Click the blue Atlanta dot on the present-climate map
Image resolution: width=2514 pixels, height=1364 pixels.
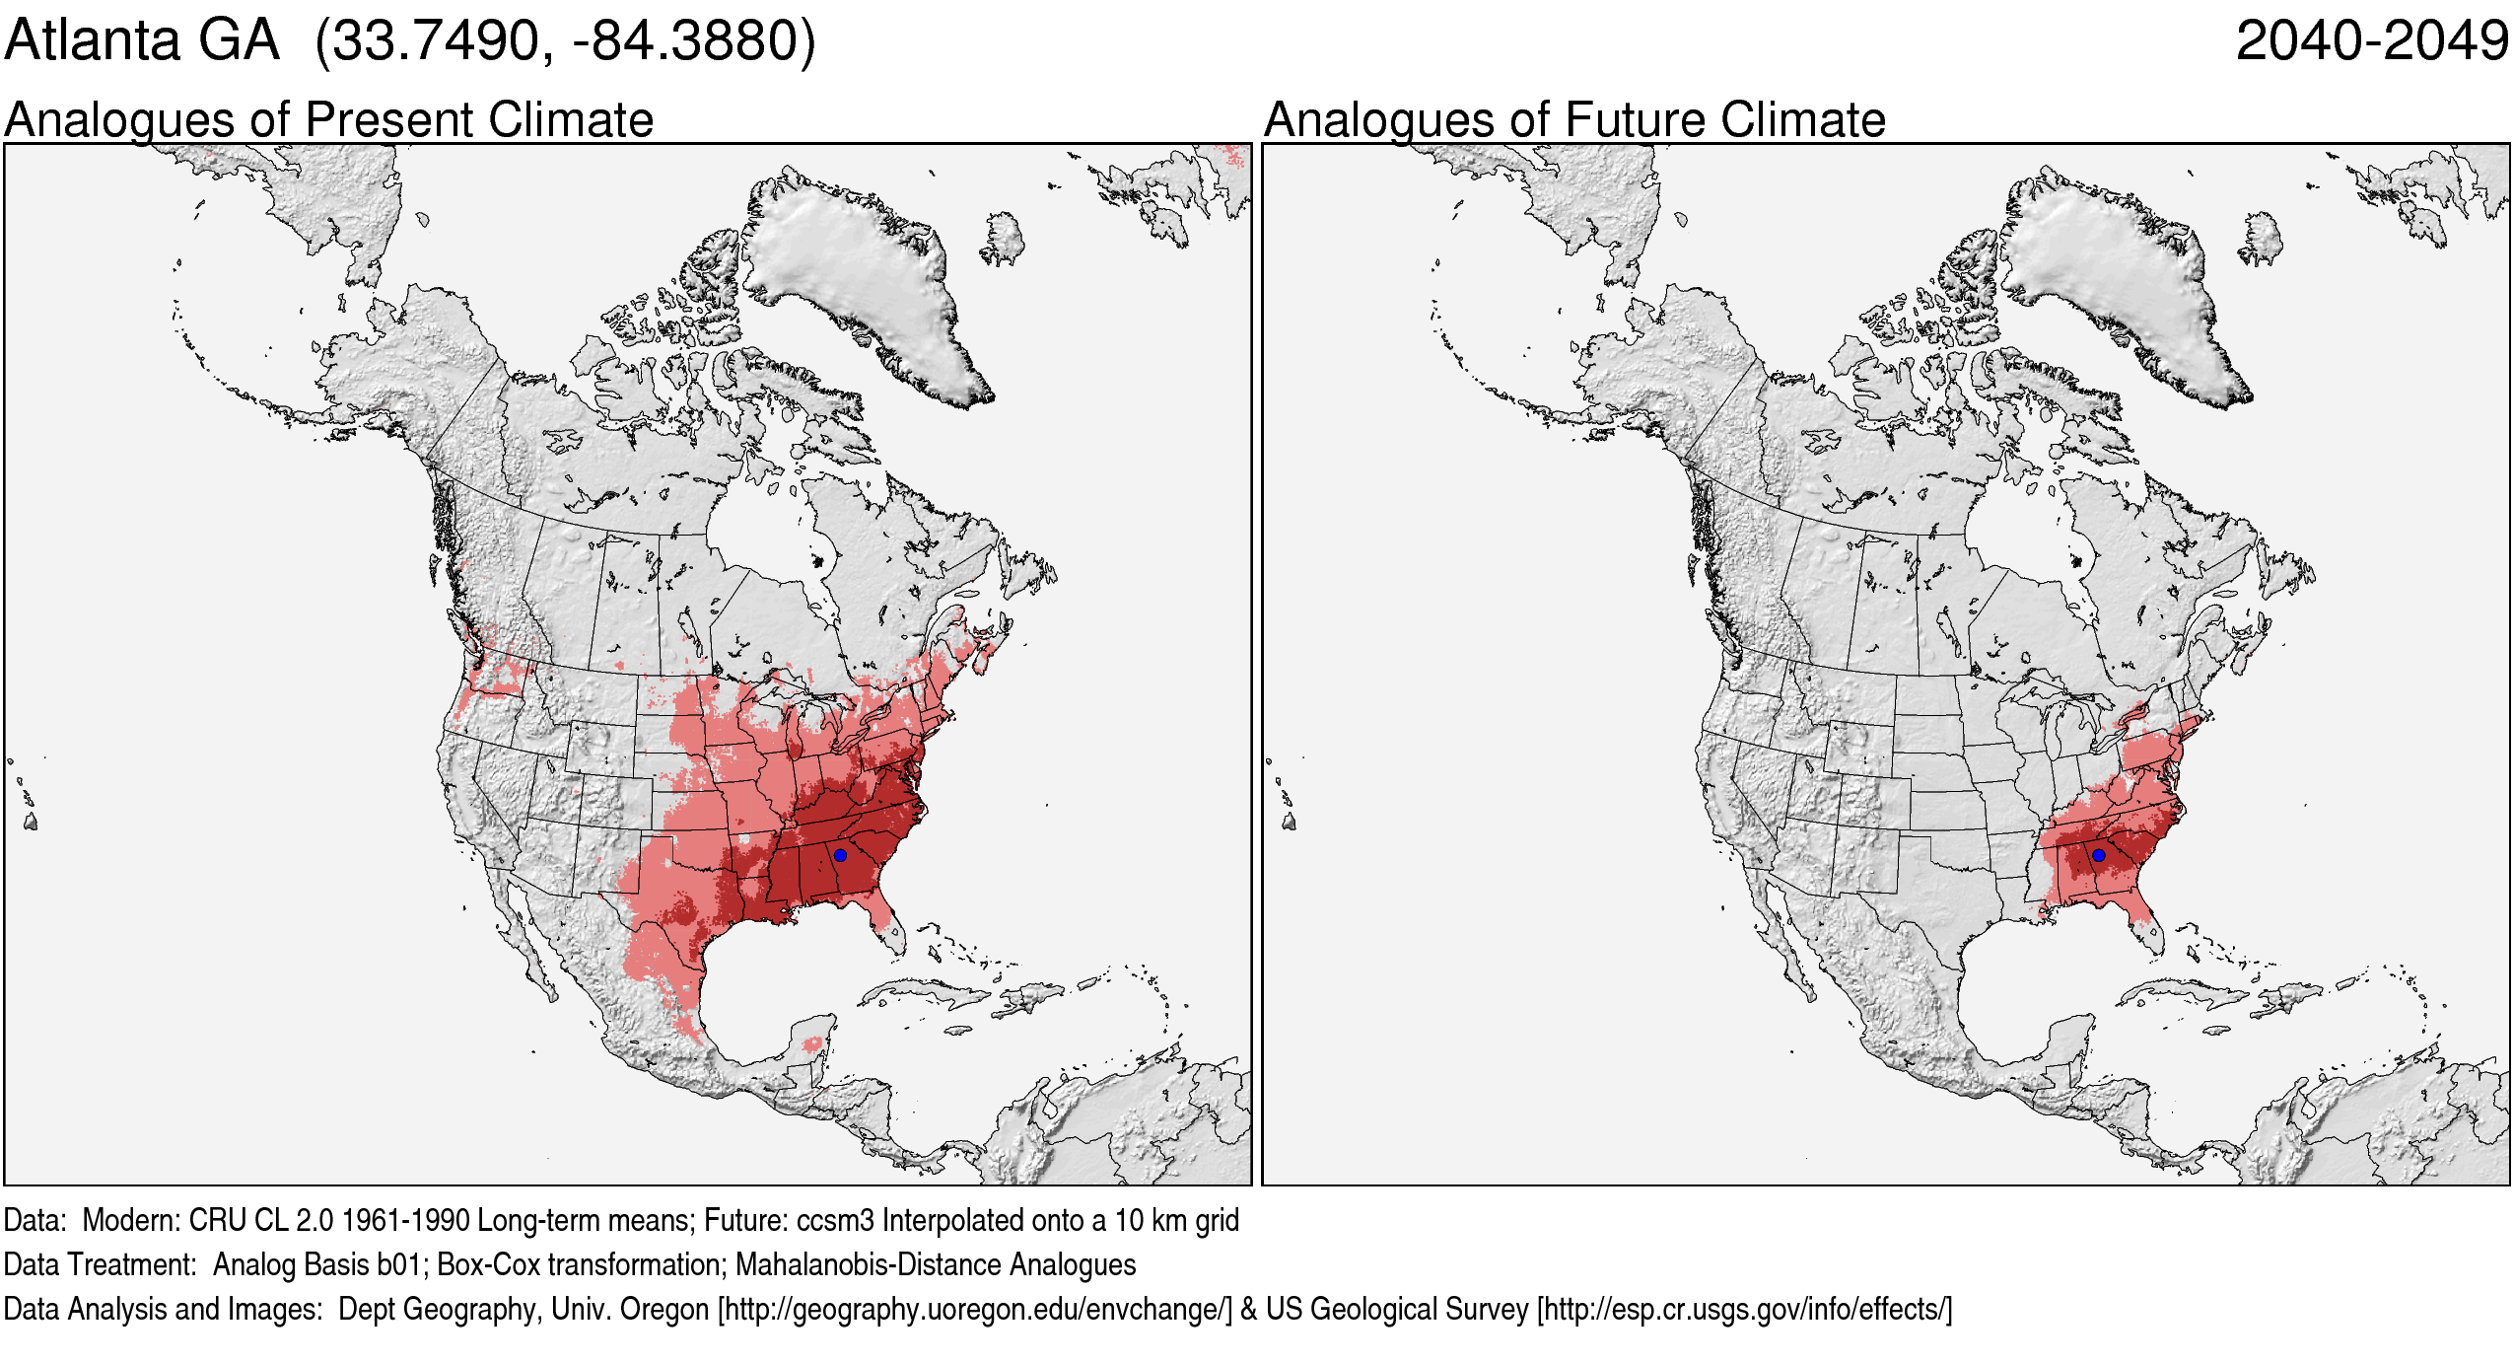click(840, 855)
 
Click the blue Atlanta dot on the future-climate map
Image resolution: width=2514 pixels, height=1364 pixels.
click(2099, 855)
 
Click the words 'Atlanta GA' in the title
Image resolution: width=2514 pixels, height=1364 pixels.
click(142, 41)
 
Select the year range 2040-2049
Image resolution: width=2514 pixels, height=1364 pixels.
click(2372, 41)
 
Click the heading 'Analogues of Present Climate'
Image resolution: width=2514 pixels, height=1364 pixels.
click(328, 119)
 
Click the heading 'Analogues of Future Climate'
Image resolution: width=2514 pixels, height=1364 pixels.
click(1574, 119)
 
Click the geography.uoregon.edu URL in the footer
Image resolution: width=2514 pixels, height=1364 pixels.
click(975, 1309)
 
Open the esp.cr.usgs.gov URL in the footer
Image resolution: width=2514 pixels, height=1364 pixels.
click(1744, 1309)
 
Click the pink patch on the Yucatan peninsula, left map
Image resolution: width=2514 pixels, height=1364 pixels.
click(812, 1043)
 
